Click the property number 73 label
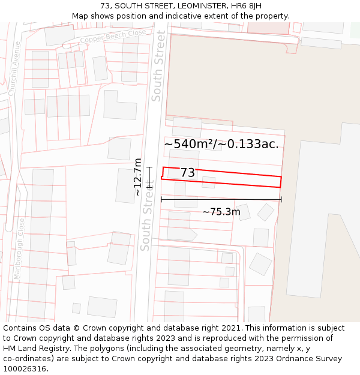[187, 173]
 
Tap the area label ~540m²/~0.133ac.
[221, 144]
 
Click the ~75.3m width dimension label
[221, 212]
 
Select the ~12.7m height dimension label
[138, 177]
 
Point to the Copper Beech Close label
[114, 38]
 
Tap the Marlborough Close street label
[19, 248]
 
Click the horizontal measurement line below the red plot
[221, 199]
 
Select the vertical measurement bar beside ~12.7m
[149, 178]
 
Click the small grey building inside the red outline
[208, 181]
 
